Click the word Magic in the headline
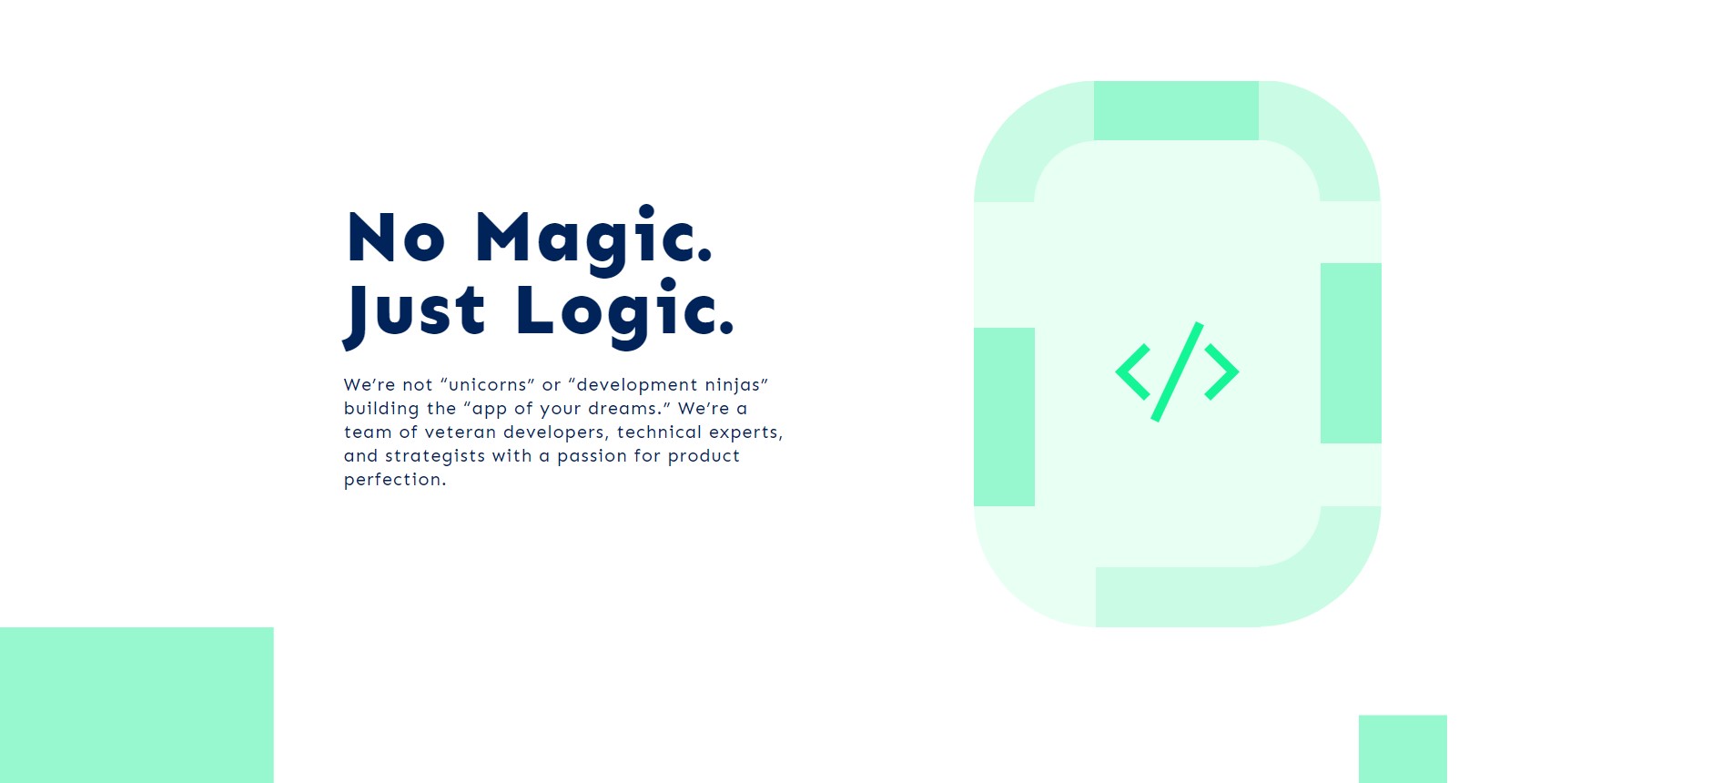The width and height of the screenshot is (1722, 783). tap(593, 239)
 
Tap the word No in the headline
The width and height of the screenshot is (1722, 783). tap(396, 238)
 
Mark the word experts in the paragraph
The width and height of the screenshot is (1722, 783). tap(745, 433)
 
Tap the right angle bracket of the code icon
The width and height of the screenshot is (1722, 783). tap(1222, 371)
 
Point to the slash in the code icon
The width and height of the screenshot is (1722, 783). tap(1177, 371)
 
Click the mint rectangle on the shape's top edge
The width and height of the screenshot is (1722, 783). tap(1176, 110)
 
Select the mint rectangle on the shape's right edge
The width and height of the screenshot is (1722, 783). tap(1351, 353)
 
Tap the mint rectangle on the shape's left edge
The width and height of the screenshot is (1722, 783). tap(1004, 417)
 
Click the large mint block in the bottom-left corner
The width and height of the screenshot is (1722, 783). tap(137, 705)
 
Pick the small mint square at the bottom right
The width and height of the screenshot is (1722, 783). tap(1403, 749)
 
